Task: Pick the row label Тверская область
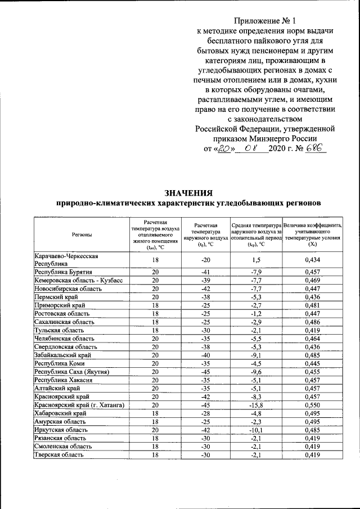pyautogui.click(x=60, y=455)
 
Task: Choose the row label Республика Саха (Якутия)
pyautogui.click(x=71, y=372)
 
